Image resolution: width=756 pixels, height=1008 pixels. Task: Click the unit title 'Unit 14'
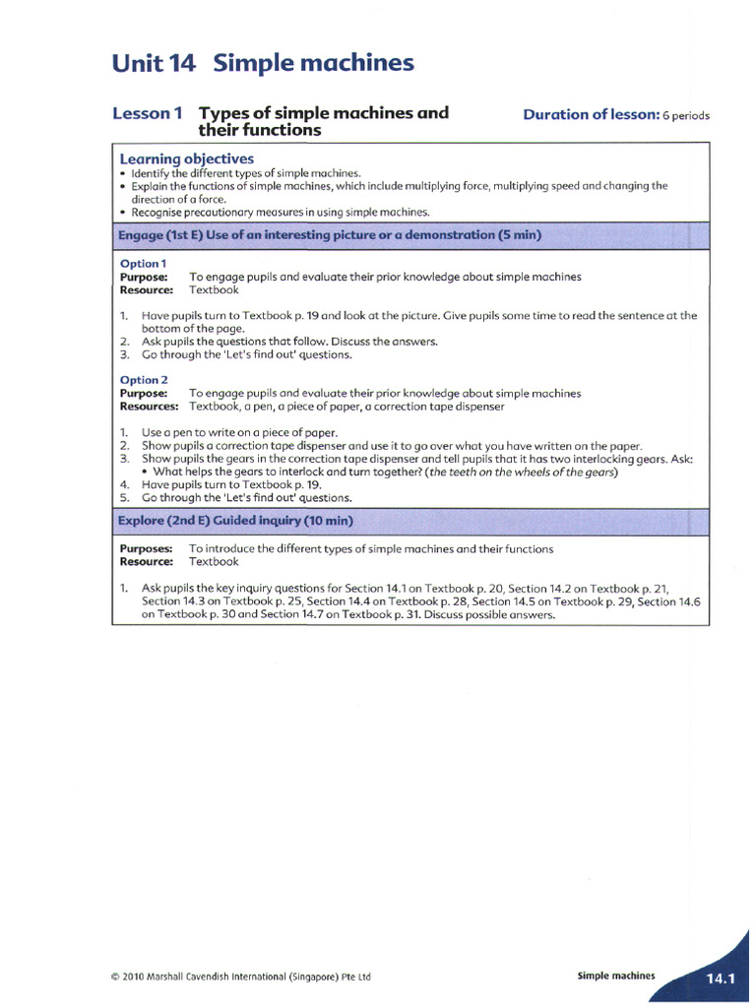[155, 65]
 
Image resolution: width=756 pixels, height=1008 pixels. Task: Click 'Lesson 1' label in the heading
[148, 113]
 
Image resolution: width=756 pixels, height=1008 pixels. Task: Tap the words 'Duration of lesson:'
[591, 114]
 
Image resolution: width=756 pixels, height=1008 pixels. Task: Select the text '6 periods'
[686, 115]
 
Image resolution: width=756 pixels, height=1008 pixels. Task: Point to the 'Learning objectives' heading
[186, 158]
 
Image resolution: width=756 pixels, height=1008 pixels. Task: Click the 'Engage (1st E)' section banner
[330, 235]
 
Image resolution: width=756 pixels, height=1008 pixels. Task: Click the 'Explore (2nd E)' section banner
[236, 521]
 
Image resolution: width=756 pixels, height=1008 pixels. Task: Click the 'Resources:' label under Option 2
[149, 406]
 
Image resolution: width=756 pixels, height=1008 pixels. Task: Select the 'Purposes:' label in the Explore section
[147, 548]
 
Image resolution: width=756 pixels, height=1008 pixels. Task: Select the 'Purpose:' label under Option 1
[144, 277]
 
